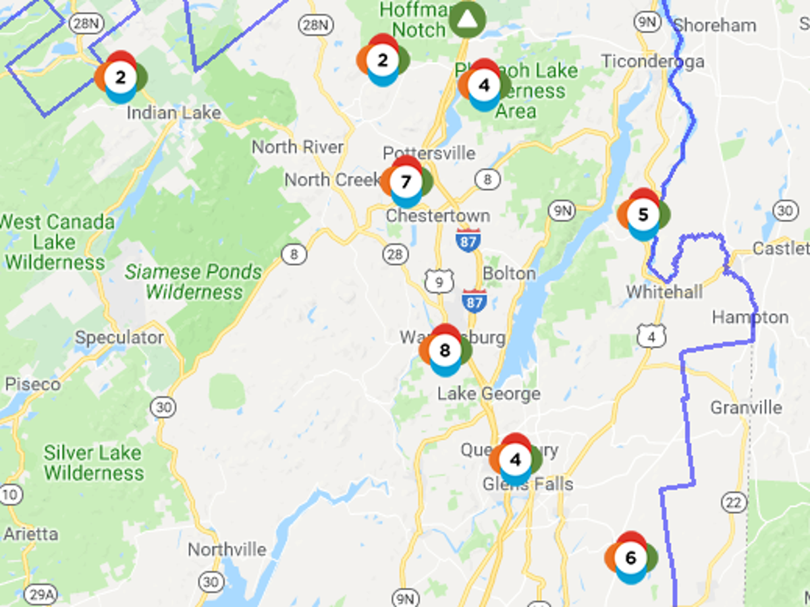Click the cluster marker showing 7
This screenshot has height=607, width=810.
(406, 182)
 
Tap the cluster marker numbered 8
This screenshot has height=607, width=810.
(444, 350)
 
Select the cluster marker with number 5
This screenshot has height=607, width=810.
(643, 214)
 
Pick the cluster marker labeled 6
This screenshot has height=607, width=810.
(630, 558)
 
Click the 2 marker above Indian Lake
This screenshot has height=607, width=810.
(120, 77)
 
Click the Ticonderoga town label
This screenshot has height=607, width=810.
(652, 61)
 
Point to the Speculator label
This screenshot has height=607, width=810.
(119, 337)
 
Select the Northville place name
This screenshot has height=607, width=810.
(227, 550)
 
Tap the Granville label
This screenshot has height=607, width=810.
(746, 407)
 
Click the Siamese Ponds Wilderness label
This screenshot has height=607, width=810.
(193, 282)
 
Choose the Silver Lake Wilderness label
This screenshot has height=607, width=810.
(94, 462)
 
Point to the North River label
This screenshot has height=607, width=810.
(298, 147)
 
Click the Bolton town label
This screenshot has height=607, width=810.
(510, 274)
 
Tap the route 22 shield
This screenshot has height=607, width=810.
(734, 502)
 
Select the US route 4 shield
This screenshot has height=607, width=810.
(651, 335)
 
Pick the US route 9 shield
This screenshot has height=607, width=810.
(439, 281)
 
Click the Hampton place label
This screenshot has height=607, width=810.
(750, 317)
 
